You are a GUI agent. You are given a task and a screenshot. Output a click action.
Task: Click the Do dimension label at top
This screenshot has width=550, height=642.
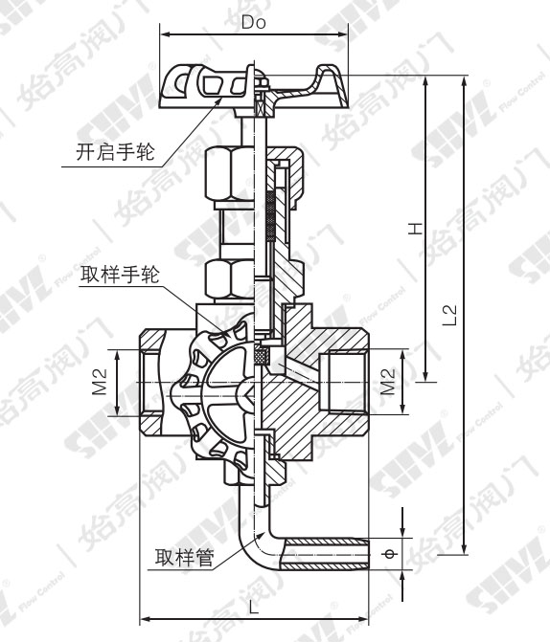coord(254,19)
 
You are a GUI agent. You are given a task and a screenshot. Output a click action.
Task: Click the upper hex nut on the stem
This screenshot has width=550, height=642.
coord(230,172)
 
